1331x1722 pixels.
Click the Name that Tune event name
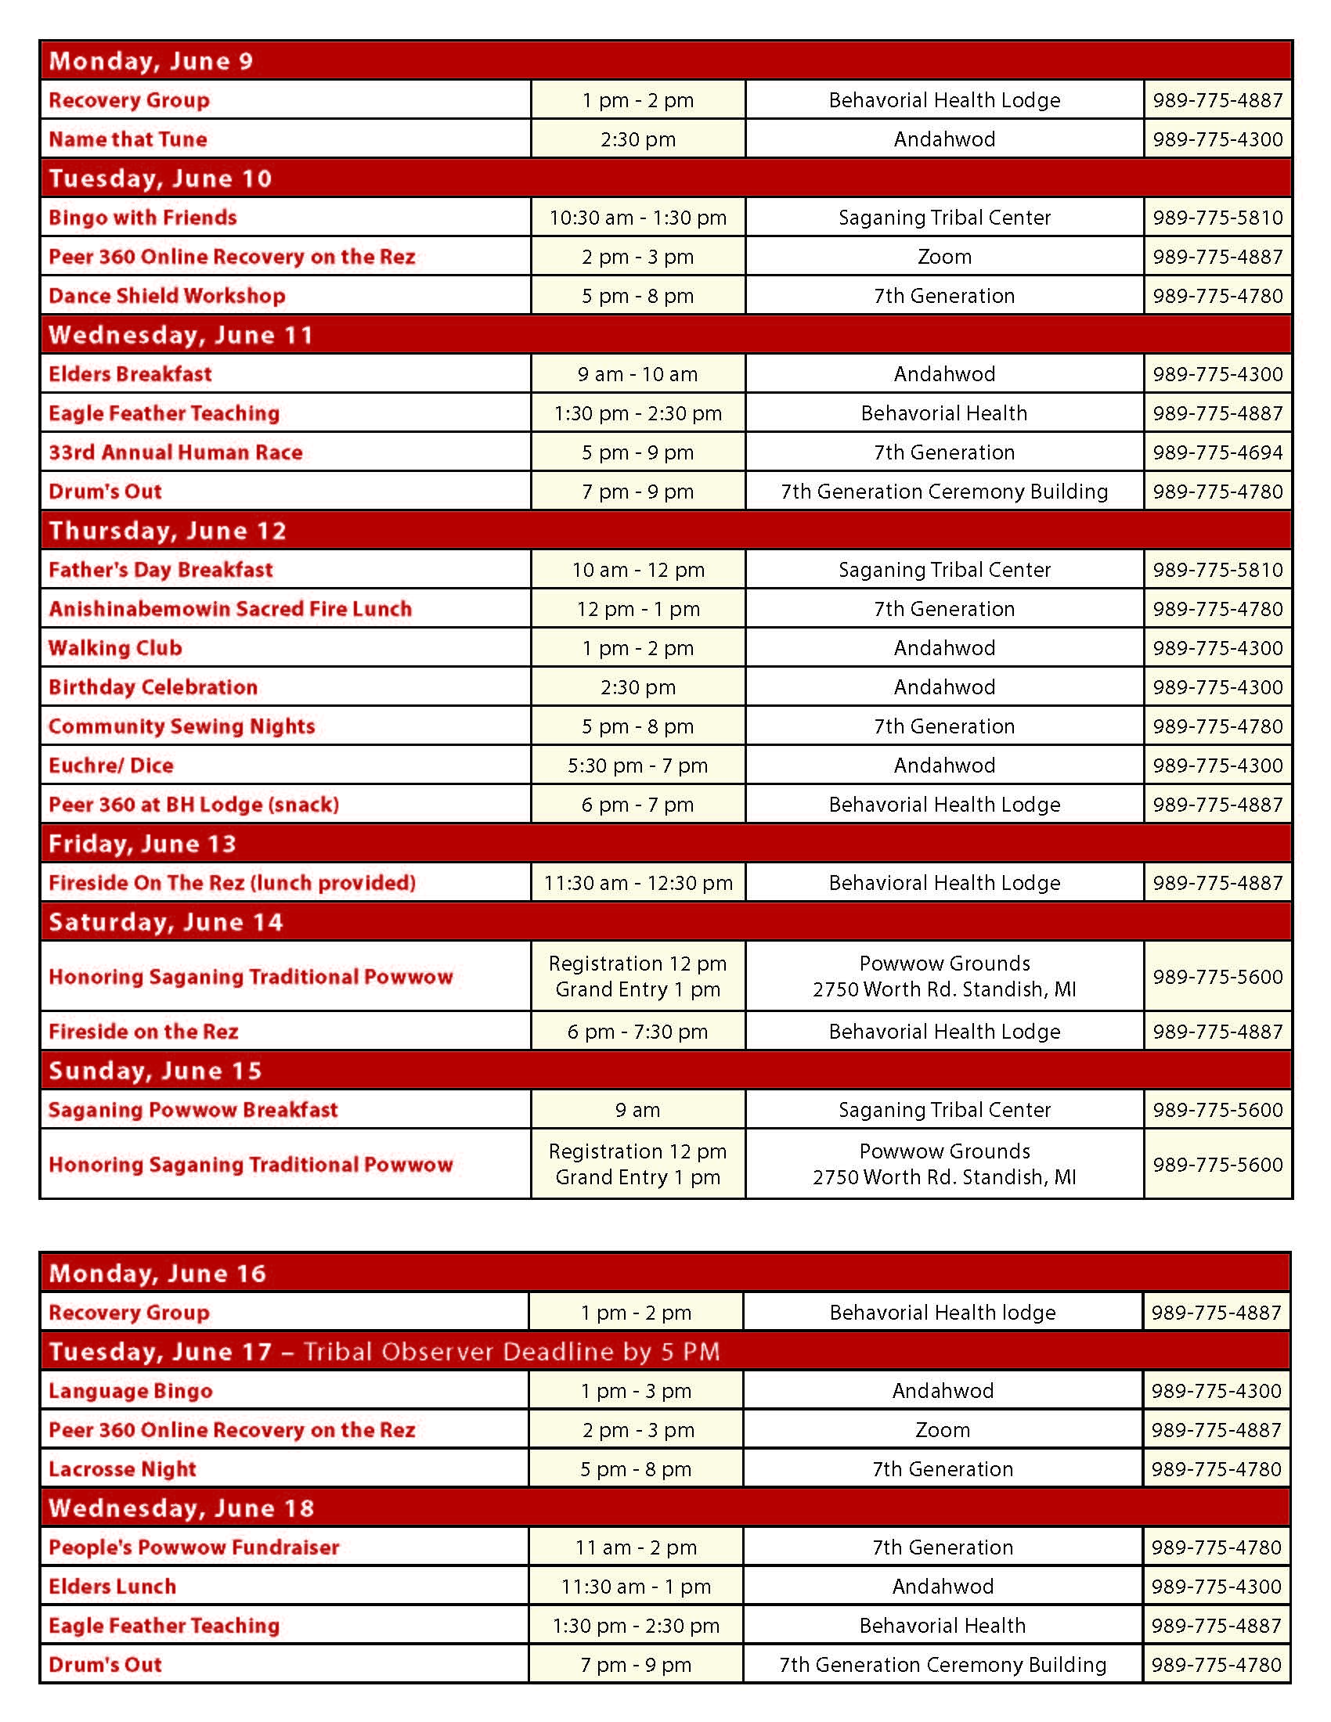tap(128, 139)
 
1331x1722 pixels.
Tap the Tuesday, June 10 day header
tap(160, 178)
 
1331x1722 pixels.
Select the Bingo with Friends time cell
tap(638, 218)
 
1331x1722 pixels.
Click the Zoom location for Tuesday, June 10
tap(944, 257)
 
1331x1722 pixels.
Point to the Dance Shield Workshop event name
tap(168, 296)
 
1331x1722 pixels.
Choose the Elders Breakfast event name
tap(130, 373)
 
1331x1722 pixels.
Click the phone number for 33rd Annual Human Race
tap(1217, 452)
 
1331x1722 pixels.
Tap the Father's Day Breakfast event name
tap(161, 570)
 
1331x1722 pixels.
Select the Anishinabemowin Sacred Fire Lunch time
tap(638, 609)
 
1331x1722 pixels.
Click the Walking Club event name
tap(115, 648)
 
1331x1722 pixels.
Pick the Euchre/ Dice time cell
tap(638, 766)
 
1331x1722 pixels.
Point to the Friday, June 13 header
tap(142, 844)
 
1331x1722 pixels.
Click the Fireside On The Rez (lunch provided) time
tap(638, 883)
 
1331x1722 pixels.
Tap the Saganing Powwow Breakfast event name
tap(193, 1110)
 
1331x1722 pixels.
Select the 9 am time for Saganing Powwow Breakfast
tap(638, 1110)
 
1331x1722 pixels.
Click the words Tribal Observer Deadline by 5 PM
tap(512, 1352)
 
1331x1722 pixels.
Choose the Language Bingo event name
tap(131, 1391)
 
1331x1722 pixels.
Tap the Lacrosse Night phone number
tap(1216, 1469)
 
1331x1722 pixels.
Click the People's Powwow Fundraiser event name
tap(194, 1547)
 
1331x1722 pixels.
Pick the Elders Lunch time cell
tap(636, 1587)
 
